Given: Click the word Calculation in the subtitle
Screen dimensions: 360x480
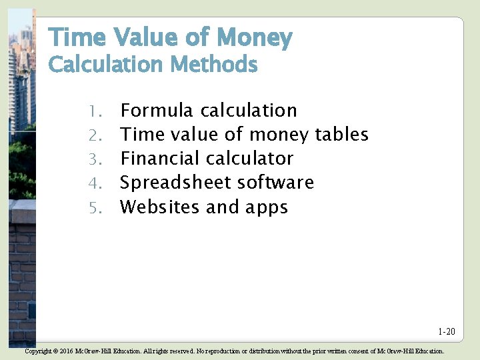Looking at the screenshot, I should click(106, 65).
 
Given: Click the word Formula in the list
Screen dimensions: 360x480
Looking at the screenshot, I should click(157, 111).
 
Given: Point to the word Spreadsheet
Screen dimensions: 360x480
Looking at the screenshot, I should click(175, 183).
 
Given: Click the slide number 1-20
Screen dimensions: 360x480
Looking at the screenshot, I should click(447, 331).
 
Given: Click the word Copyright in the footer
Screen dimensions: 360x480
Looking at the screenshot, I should click(37, 351).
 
